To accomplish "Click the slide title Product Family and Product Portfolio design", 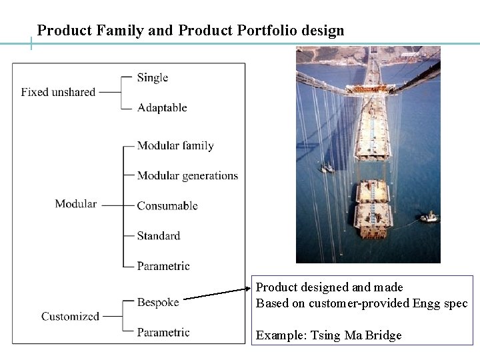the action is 191,30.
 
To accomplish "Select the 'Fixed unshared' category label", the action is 58,92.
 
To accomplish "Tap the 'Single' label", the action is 152,77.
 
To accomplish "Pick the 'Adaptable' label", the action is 162,107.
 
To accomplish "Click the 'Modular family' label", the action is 175,145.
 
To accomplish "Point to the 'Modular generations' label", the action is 187,175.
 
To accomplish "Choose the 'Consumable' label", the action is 167,205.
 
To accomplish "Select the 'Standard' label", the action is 159,235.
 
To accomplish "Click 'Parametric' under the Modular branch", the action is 163,265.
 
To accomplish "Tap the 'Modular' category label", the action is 75,204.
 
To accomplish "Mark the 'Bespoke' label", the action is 158,302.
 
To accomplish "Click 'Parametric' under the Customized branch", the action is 163,332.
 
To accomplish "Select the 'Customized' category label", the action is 70,316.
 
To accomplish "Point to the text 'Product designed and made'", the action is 329,287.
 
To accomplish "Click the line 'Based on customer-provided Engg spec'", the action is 361,303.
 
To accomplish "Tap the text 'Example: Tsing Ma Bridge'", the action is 329,335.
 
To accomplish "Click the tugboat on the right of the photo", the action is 428,217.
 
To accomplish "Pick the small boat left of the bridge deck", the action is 326,167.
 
